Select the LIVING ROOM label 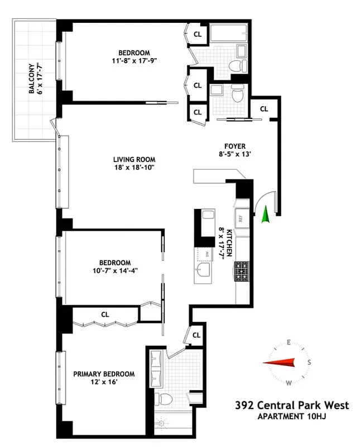133,159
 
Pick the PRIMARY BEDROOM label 104,374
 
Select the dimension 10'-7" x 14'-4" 115,272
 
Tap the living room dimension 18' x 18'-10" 133,167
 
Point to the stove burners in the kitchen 242,271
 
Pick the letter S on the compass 309,362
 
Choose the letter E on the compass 289,342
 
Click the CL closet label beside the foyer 263,109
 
